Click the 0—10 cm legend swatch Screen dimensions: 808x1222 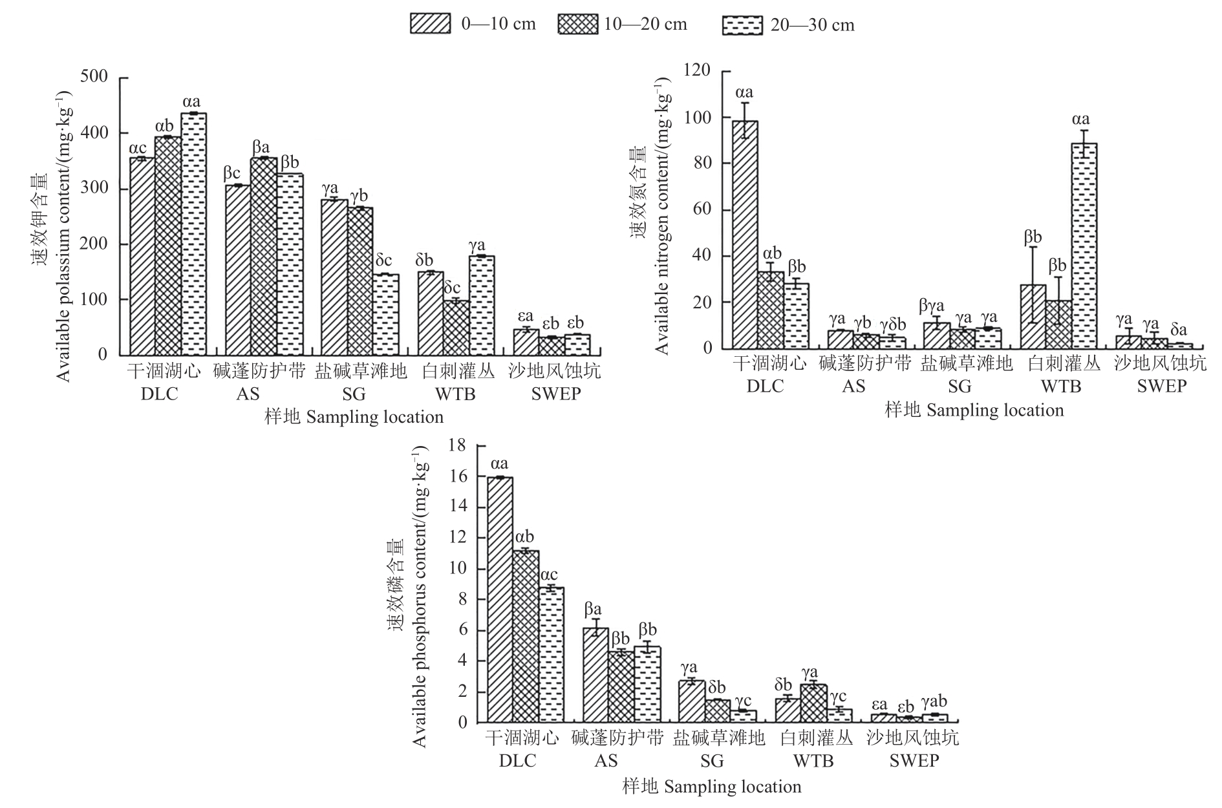[429, 24]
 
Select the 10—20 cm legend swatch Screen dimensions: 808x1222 [578, 24]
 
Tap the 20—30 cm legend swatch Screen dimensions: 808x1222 [741, 25]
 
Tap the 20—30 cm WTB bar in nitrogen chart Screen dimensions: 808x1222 [1084, 246]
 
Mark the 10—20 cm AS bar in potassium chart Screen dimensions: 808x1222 [263, 256]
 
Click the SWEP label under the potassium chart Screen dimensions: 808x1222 [555, 394]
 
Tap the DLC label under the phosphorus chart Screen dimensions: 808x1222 [517, 761]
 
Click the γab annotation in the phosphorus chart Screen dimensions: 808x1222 [934, 702]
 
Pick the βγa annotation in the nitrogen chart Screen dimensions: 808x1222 [931, 305]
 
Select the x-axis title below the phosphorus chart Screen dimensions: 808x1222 [712, 787]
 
